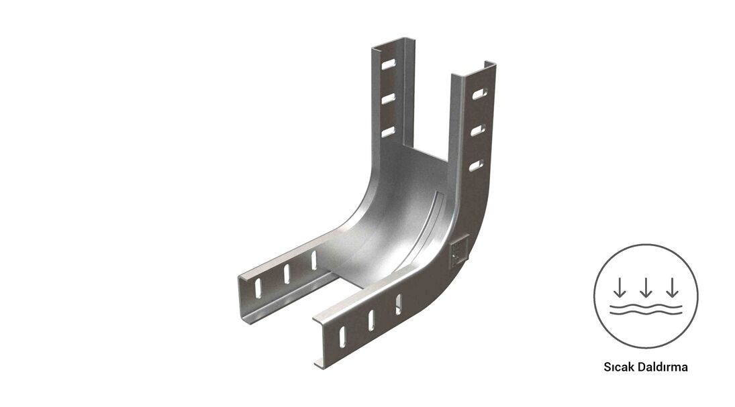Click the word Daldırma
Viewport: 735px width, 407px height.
point(661,367)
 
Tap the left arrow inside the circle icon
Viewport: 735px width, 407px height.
point(620,288)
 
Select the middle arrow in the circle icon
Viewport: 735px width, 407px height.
point(646,288)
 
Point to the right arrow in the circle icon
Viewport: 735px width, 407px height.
point(673,288)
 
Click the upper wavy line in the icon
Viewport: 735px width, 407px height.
point(646,306)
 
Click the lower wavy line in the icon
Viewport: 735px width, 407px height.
point(646,314)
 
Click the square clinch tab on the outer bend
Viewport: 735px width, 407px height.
point(458,253)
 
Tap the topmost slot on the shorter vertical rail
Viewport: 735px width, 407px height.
point(389,64)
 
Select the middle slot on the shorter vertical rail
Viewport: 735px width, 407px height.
point(389,99)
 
